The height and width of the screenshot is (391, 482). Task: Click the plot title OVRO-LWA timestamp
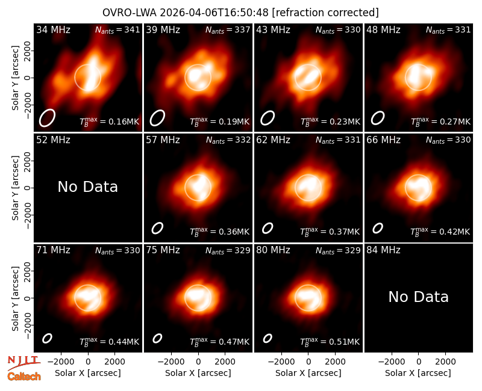pyautogui.click(x=240, y=13)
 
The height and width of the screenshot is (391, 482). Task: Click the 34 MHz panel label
pyautogui.click(x=53, y=29)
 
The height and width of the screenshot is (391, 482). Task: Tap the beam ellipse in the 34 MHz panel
pyautogui.click(x=47, y=117)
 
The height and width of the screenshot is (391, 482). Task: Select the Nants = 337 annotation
pyautogui.click(x=228, y=29)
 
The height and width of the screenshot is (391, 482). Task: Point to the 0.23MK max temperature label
pyautogui.click(x=330, y=122)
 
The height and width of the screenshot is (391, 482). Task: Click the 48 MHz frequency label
pyautogui.click(x=383, y=29)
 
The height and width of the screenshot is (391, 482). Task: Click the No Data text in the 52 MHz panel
pyautogui.click(x=88, y=186)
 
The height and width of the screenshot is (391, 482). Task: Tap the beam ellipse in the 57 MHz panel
pyautogui.click(x=157, y=228)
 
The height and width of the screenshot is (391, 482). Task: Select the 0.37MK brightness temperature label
pyautogui.click(x=330, y=232)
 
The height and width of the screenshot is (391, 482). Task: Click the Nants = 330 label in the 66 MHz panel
pyautogui.click(x=448, y=140)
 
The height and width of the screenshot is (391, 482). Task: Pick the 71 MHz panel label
pyautogui.click(x=53, y=250)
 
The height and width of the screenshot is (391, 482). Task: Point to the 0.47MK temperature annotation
pyautogui.click(x=220, y=342)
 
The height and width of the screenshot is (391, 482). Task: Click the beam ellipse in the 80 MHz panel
pyautogui.click(x=268, y=338)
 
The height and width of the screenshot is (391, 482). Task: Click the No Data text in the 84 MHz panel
pyautogui.click(x=419, y=297)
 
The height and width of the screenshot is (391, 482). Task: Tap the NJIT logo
pyautogui.click(x=23, y=363)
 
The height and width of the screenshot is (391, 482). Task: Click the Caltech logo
pyautogui.click(x=24, y=377)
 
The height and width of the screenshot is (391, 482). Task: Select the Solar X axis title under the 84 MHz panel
pyautogui.click(x=418, y=373)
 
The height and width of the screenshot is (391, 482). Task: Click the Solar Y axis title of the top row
pyautogui.click(x=15, y=78)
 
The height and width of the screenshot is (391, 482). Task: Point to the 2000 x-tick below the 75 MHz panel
pyautogui.click(x=225, y=362)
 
